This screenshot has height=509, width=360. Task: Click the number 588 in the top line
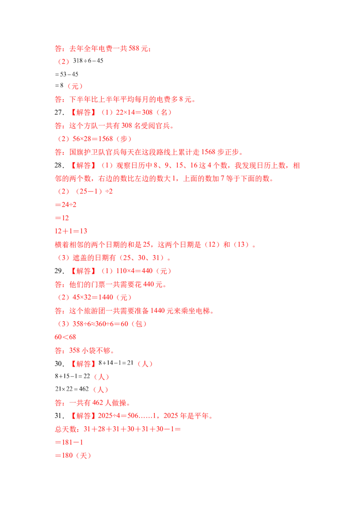pos(134,49)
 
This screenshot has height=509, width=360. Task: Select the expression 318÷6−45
pos(88,61)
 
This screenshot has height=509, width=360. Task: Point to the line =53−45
pos(67,74)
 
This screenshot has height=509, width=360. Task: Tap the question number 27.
pos(59,112)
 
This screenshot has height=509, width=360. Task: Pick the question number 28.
pos(59,165)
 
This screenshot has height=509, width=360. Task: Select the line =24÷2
pos(66,205)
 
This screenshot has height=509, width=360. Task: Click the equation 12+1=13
pos(71,231)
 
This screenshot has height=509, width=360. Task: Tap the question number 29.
pos(59,271)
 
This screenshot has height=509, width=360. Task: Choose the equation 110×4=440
pos(134,271)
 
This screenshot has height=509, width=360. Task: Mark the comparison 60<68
pos(65,337)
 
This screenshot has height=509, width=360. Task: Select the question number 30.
pos(59,364)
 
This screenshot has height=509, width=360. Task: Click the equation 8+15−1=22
pos(72,376)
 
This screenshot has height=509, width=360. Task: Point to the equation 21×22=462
pos(72,389)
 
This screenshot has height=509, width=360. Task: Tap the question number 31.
pos(59,416)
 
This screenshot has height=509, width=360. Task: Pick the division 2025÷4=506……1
pos(127,416)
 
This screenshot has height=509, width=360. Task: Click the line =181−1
pos(69,442)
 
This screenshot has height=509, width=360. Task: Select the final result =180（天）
pos(73,456)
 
